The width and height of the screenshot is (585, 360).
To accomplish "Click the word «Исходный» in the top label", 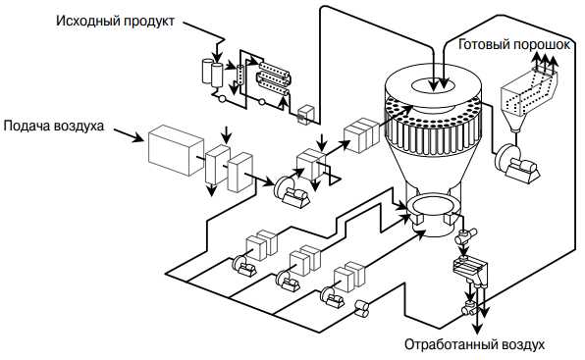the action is [87, 21].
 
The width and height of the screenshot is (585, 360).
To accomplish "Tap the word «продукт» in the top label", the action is [149, 22].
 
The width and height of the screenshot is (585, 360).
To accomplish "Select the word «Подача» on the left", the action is [27, 126].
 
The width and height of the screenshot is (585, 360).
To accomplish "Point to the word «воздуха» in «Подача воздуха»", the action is [79, 127].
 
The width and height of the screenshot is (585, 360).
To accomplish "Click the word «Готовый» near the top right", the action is [483, 44].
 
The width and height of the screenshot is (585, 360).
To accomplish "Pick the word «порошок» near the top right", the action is [541, 45].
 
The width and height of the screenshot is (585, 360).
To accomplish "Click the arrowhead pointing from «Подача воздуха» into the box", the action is [138, 138].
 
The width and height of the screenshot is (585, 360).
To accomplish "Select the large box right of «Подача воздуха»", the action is [176, 150].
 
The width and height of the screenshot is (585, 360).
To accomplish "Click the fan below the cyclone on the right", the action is [516, 165].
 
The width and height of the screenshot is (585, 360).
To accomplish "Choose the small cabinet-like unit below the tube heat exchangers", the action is [306, 114].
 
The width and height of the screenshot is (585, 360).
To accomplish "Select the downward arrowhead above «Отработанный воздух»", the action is [477, 329].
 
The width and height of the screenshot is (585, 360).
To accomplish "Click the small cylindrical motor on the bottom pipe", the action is [361, 309].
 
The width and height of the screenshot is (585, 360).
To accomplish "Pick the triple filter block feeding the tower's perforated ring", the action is [361, 135].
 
